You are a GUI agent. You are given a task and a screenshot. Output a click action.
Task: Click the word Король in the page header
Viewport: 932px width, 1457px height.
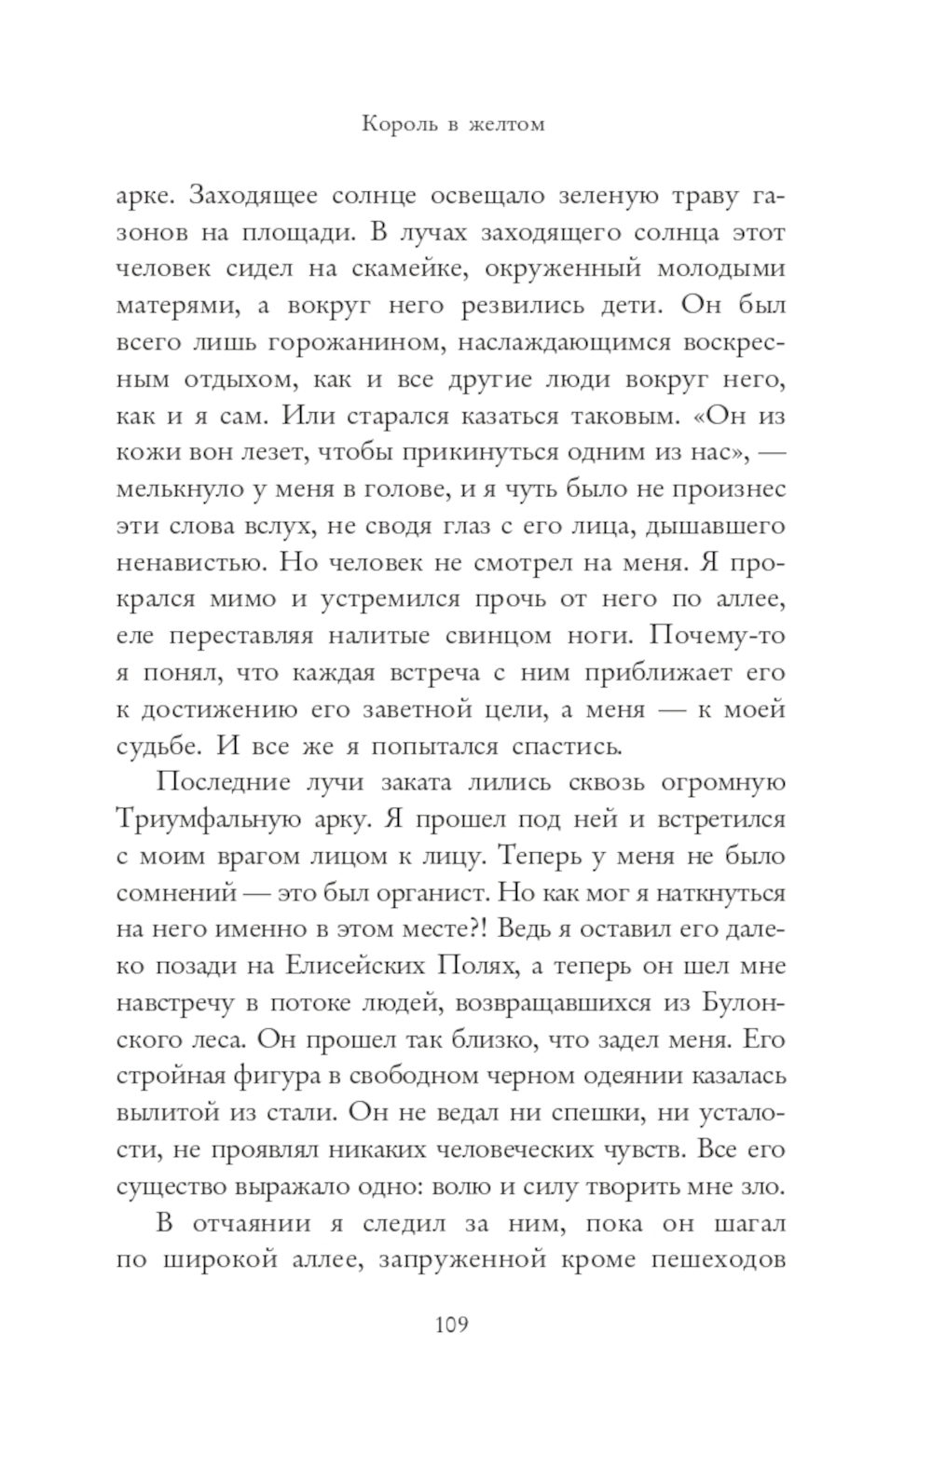(x=396, y=124)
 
